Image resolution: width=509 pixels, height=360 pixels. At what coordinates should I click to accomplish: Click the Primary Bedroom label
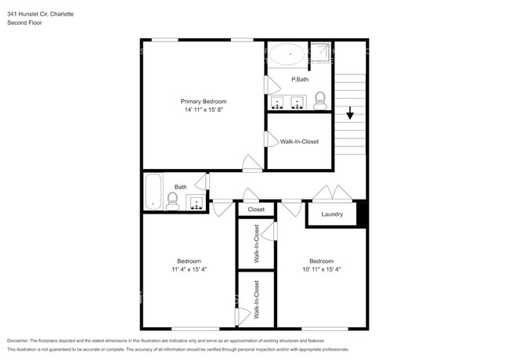coord(204,102)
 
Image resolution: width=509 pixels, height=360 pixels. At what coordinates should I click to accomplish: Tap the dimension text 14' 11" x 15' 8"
coord(204,111)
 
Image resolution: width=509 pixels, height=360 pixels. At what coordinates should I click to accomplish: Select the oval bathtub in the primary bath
coord(287,54)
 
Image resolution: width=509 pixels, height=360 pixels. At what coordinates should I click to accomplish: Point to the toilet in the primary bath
coord(319,99)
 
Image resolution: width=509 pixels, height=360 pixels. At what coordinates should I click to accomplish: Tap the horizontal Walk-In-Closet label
coord(299,142)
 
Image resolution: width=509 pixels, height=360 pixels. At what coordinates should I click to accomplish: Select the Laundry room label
coord(332,214)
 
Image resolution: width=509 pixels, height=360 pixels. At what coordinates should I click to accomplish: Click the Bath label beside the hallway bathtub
coord(180,187)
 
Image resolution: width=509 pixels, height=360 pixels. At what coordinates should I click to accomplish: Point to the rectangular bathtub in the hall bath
coord(153,192)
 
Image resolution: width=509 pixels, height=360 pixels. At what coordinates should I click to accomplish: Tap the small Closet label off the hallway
coord(256,210)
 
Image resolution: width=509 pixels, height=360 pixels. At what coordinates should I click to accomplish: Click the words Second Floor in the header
coord(25,23)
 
